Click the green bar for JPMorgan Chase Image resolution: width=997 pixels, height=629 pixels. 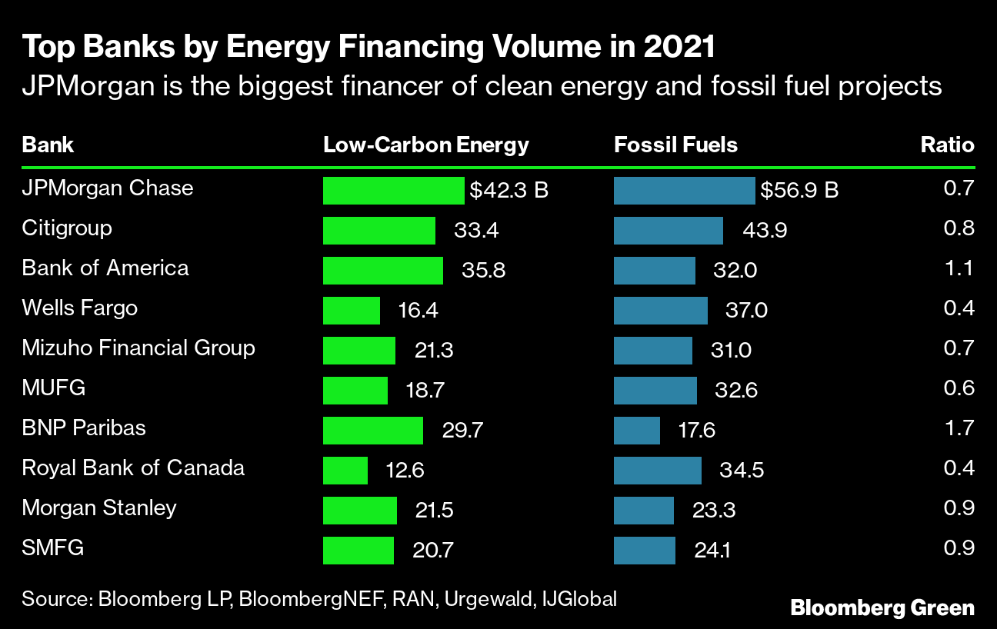[x=394, y=190]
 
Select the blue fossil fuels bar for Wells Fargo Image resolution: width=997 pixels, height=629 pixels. [x=660, y=310]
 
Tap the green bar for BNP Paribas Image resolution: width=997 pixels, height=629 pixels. [x=373, y=430]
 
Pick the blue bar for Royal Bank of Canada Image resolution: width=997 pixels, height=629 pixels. [x=658, y=470]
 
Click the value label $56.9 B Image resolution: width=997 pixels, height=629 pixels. [x=799, y=190]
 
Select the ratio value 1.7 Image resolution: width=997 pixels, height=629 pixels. [x=959, y=428]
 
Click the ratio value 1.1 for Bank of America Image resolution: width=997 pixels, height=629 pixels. [x=959, y=268]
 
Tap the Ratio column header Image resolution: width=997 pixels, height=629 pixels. [x=947, y=145]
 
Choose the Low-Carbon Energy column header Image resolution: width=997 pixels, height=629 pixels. [x=426, y=145]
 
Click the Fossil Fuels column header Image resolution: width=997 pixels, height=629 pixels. [x=675, y=145]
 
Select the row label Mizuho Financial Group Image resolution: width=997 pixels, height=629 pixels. [x=138, y=348]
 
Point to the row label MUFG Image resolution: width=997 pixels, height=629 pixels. [x=54, y=388]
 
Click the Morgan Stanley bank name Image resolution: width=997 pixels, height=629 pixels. [x=99, y=508]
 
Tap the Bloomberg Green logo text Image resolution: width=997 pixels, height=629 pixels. [x=882, y=607]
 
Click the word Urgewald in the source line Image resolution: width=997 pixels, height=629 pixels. [x=487, y=598]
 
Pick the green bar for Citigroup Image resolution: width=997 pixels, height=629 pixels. [x=379, y=230]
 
